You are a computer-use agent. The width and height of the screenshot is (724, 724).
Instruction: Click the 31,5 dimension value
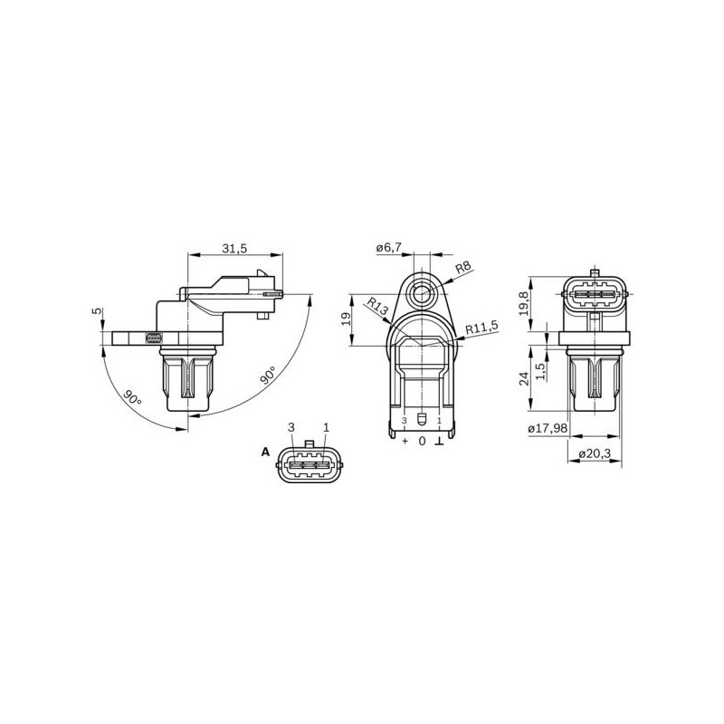click(234, 248)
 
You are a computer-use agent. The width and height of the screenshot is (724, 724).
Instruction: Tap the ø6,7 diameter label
click(389, 248)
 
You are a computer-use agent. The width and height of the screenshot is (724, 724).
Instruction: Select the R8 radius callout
click(462, 267)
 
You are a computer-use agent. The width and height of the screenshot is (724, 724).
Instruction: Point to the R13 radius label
click(376, 307)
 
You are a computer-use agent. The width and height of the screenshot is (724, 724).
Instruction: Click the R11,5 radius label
click(481, 328)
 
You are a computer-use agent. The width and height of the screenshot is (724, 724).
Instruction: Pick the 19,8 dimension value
click(523, 303)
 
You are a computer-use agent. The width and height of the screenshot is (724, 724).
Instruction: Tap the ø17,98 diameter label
click(548, 428)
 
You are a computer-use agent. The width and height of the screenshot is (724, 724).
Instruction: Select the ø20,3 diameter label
click(595, 454)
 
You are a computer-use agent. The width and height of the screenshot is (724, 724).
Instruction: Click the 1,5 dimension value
click(540, 371)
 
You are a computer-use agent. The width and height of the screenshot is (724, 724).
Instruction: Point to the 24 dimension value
click(523, 379)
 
